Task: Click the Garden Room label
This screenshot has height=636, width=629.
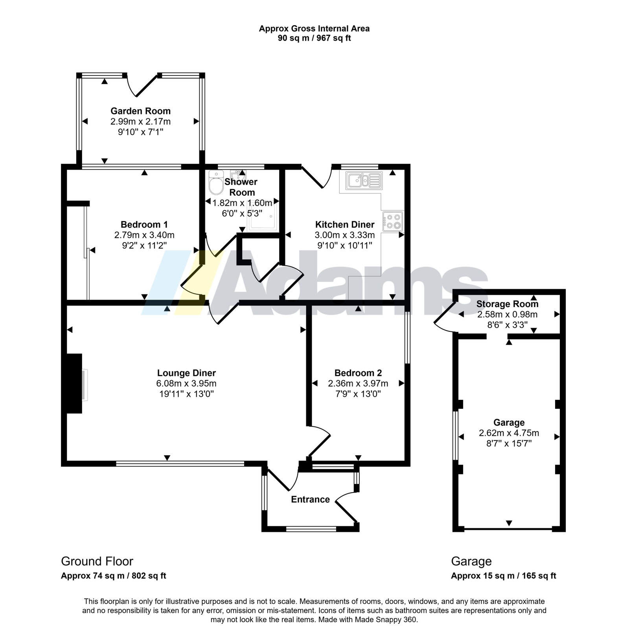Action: click(140, 111)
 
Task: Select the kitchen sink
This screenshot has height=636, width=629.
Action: click(363, 180)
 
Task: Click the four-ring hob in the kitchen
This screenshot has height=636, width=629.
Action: click(393, 221)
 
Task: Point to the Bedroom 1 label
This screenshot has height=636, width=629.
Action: click(144, 224)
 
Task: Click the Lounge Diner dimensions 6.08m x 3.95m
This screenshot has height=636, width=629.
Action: click(186, 383)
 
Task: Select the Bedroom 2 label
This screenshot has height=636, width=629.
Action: click(358, 373)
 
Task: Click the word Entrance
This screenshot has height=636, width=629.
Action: click(310, 499)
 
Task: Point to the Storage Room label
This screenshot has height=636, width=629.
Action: click(508, 304)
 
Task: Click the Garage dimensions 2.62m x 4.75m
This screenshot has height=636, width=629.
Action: click(509, 433)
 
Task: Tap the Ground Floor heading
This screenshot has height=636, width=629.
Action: click(97, 561)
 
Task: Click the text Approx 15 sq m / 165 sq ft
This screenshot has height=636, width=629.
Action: click(504, 576)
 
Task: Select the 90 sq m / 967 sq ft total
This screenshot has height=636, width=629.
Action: click(314, 38)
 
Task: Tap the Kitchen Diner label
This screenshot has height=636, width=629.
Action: click(345, 224)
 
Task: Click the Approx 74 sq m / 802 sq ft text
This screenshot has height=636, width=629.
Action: click(114, 576)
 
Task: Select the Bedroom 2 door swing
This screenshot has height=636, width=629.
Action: click(319, 445)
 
